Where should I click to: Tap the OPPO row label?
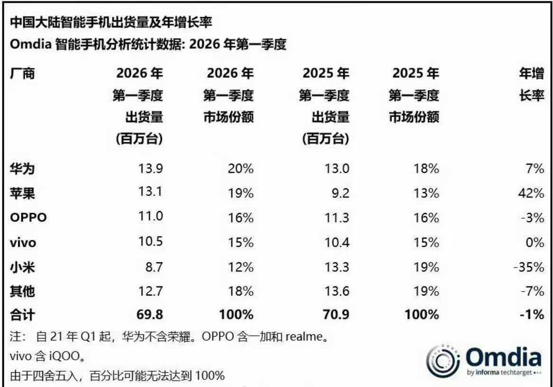(28, 217)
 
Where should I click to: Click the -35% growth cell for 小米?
(528, 267)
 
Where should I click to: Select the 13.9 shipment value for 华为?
(150, 168)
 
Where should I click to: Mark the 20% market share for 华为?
(240, 168)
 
